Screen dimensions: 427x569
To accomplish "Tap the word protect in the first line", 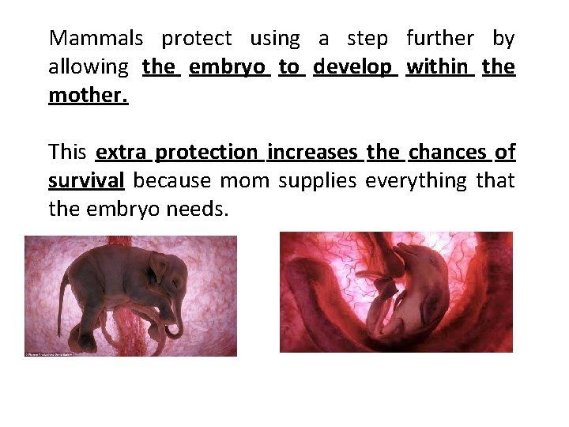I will (197, 38).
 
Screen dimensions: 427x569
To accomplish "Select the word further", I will (440, 38).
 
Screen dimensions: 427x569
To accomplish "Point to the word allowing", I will (88, 67).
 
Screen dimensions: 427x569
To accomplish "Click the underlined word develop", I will (352, 67).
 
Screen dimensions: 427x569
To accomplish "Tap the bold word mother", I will (88, 96).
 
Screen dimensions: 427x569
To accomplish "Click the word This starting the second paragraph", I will (67, 152).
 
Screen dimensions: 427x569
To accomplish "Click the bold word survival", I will (86, 181).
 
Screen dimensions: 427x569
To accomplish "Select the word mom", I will (244, 181).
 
